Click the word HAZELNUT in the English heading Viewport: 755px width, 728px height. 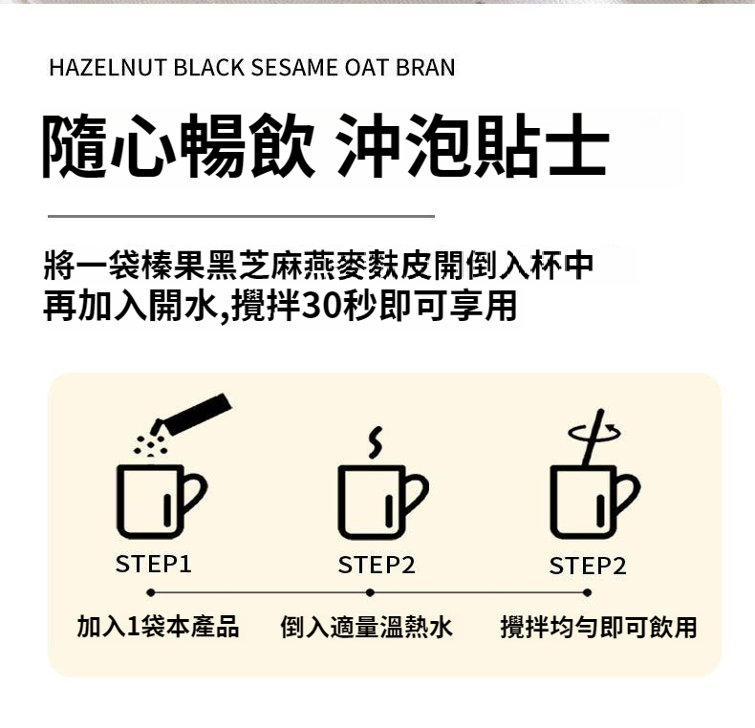click(108, 68)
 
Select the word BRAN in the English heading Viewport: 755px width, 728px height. click(425, 68)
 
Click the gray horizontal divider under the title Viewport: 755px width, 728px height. click(241, 217)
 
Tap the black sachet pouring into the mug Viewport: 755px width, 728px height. click(192, 416)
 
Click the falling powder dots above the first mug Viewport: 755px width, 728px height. click(150, 446)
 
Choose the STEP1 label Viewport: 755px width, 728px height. click(154, 564)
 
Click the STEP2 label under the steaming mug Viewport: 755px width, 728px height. click(377, 565)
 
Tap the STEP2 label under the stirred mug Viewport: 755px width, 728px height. click(588, 566)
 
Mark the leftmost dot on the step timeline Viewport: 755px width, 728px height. click(151, 592)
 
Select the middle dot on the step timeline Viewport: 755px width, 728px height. click(370, 592)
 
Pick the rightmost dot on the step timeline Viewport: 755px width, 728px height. click(587, 592)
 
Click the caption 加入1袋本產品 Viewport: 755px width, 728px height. click(158, 627)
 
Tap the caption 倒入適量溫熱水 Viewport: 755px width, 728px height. click(367, 627)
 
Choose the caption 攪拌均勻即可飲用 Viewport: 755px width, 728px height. click(599, 627)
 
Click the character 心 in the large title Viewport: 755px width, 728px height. click(144, 145)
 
